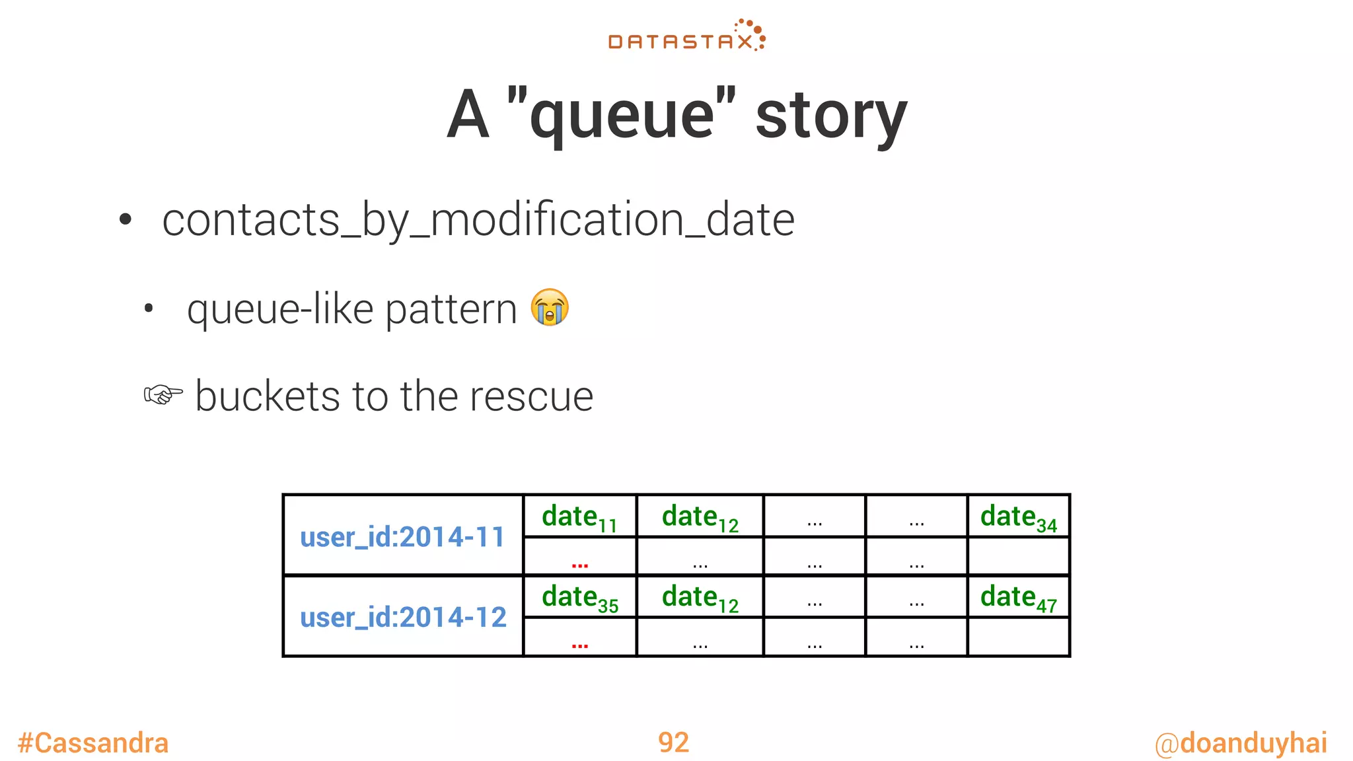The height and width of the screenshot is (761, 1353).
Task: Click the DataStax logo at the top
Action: [x=686, y=36]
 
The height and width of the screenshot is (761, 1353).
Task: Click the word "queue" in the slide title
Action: [x=622, y=116]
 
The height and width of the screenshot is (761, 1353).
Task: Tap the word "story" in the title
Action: [x=831, y=116]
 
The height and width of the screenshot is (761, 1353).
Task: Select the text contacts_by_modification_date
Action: [x=478, y=220]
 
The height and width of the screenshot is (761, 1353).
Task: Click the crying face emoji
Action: [x=550, y=307]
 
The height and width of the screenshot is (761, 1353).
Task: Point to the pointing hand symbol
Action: [x=163, y=395]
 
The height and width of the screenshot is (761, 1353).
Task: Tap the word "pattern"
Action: [x=451, y=309]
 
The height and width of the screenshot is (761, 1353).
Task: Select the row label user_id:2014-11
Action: [x=402, y=536]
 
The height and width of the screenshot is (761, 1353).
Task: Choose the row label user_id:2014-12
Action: [x=403, y=617]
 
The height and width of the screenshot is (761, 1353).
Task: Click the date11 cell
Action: [x=579, y=517]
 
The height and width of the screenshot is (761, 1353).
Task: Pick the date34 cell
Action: [x=1018, y=517]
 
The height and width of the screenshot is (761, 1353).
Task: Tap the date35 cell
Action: [x=579, y=597]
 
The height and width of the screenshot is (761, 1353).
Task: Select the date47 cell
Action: [x=1018, y=597]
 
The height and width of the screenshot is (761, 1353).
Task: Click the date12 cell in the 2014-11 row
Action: [x=700, y=517]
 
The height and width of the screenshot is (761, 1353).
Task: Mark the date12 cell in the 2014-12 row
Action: [x=700, y=597]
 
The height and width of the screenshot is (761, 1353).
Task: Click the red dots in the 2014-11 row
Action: [x=579, y=564]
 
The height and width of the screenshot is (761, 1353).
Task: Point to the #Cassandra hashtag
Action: [x=93, y=743]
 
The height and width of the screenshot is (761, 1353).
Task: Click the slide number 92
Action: [x=673, y=743]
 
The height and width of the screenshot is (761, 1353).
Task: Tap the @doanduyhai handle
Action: [x=1240, y=743]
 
